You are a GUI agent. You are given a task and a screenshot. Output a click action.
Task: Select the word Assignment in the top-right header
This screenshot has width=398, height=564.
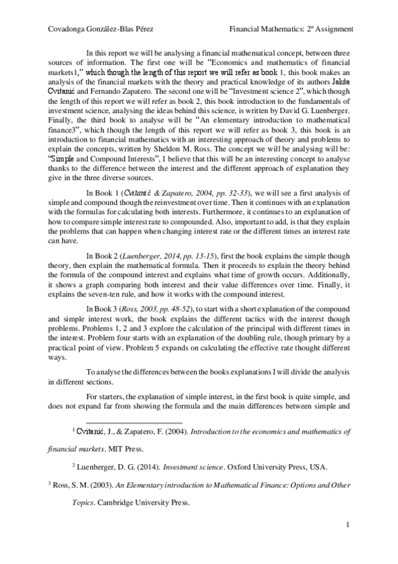click(329, 29)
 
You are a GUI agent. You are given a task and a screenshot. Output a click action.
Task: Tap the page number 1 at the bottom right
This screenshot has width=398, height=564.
click(348, 526)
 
